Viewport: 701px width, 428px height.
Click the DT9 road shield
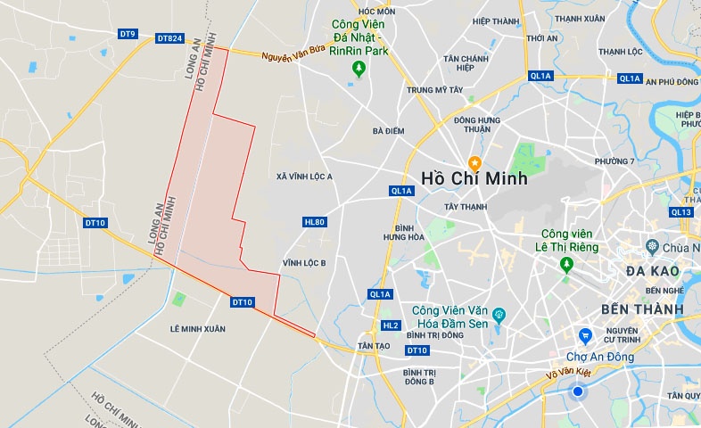(128, 34)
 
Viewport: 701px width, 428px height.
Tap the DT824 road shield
(169, 38)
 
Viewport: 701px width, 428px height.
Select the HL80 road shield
(314, 221)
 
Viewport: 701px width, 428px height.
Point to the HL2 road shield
(390, 325)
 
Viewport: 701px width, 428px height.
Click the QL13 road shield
(680, 212)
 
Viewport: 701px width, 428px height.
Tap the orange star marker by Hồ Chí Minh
(474, 161)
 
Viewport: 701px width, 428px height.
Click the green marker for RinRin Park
(359, 69)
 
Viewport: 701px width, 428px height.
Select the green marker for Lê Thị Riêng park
(565, 265)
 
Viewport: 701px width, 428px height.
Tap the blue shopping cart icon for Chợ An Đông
(585, 336)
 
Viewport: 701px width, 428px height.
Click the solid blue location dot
(578, 391)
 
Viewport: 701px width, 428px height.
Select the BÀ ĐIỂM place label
(389, 131)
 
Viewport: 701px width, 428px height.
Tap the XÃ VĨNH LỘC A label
(305, 177)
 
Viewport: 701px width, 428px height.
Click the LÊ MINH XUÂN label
(198, 329)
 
